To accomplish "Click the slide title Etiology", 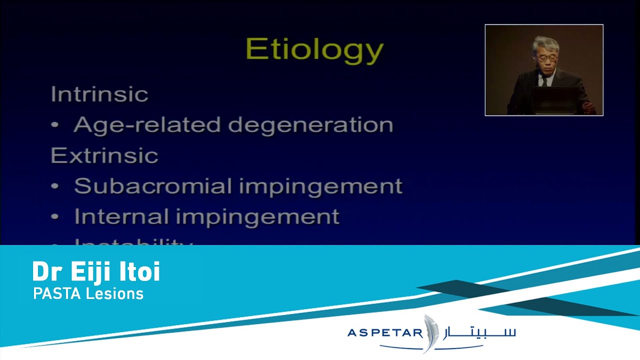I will tap(314, 50).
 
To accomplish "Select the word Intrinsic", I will tap(99, 94).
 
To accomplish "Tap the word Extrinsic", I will tap(104, 155).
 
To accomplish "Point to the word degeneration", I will tap(310, 125).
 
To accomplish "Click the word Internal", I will tap(121, 216).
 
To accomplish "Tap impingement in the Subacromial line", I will tap(320, 186).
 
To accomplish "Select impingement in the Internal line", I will tap(257, 217).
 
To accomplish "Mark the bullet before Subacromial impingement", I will tap(56, 187).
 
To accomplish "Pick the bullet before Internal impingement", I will tap(56, 217).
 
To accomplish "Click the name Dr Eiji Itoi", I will tap(96, 272).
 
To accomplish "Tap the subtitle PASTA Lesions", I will tap(88, 293).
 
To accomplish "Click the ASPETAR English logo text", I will tap(385, 333).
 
